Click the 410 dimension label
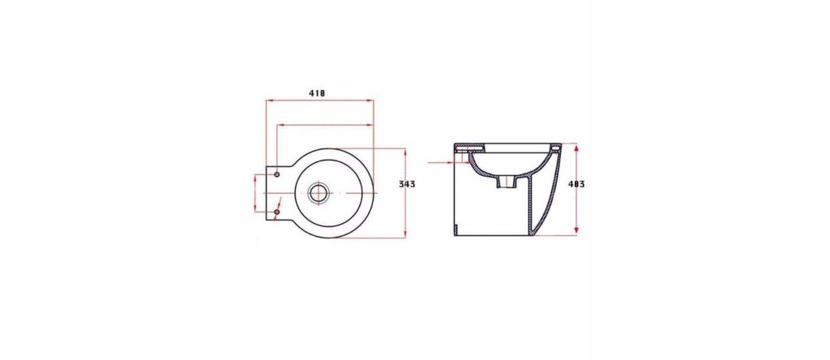point(317,93)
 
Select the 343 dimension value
point(407,184)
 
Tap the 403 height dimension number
point(576,184)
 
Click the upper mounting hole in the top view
point(276,174)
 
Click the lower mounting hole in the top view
point(276,212)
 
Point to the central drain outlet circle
point(318,193)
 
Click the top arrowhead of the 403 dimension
point(576,148)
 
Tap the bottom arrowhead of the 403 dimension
point(576,230)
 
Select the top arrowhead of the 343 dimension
point(405,152)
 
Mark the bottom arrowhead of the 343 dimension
point(405,234)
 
